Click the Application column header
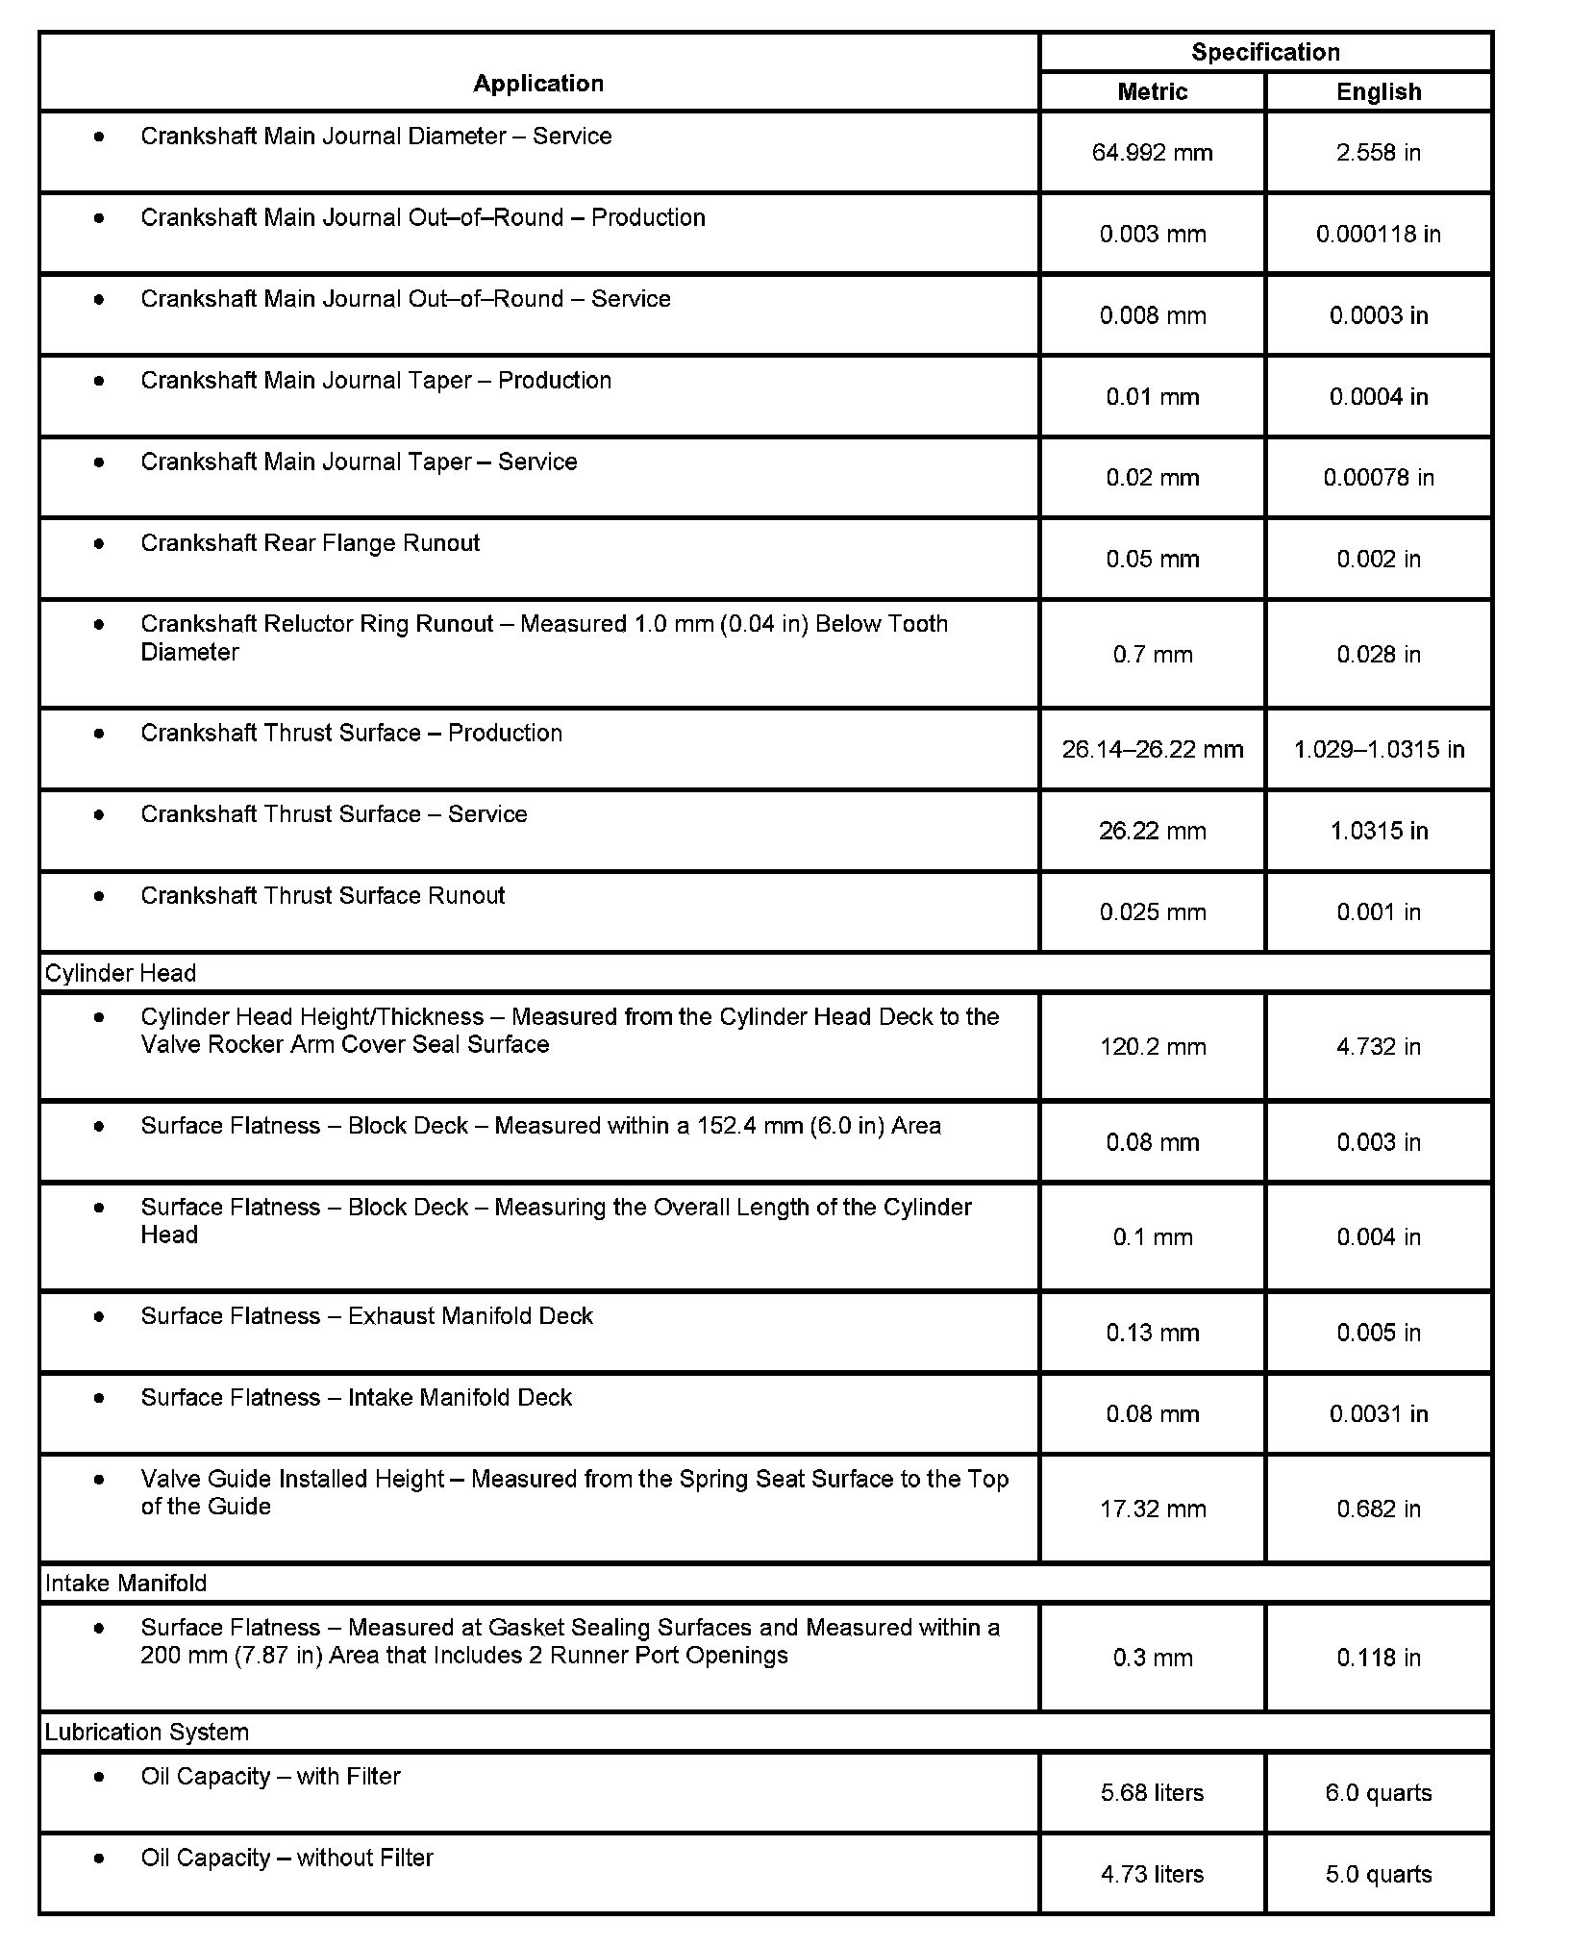[x=538, y=84]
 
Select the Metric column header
[x=1152, y=92]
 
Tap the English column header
[x=1379, y=92]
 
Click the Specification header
[x=1265, y=52]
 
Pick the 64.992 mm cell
[x=1152, y=153]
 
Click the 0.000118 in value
[x=1379, y=234]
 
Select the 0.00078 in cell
[x=1379, y=478]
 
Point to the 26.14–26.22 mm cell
[x=1152, y=749]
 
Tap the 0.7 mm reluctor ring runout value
[x=1152, y=655]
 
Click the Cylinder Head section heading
[x=120, y=973]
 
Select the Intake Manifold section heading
[x=126, y=1584]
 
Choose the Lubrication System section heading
[x=146, y=1733]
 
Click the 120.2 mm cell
[x=1152, y=1047]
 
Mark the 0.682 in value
[x=1379, y=1509]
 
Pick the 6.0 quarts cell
[x=1379, y=1793]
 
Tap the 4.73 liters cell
[x=1152, y=1874]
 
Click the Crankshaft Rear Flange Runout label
[x=310, y=543]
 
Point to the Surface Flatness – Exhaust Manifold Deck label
[x=366, y=1316]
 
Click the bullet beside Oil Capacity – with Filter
[x=99, y=1777]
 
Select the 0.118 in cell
[x=1379, y=1658]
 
